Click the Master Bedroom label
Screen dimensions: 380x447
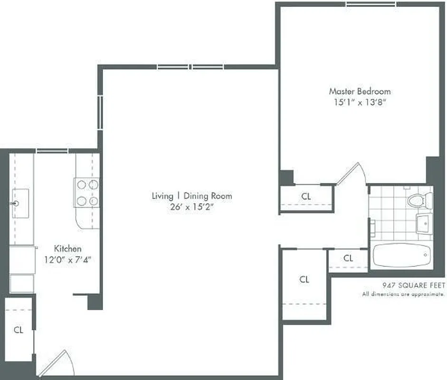point(360,91)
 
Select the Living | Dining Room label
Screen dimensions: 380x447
point(192,196)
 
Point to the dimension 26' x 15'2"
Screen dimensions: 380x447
point(192,207)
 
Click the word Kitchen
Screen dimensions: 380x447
point(67,248)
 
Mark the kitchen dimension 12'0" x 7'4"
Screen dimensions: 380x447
point(67,259)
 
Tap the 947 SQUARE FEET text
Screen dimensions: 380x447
point(414,285)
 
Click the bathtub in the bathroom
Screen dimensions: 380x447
point(401,256)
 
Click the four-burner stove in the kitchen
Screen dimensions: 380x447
point(86,192)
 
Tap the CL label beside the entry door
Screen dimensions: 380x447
point(19,329)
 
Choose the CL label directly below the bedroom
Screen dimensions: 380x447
point(306,196)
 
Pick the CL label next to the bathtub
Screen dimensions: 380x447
point(348,258)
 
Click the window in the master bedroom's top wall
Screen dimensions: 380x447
point(370,4)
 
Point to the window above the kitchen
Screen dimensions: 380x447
point(52,151)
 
